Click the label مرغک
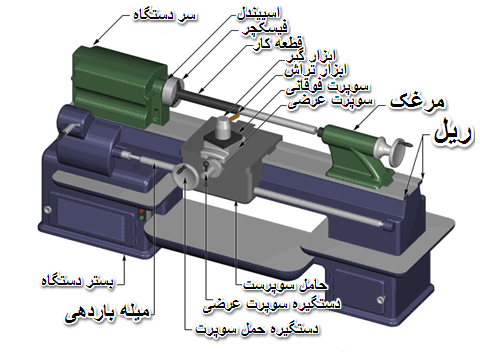tap(418, 102)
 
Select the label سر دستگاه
tap(165, 15)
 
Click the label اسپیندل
tap(259, 13)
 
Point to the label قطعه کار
tap(278, 44)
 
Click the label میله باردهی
tap(107, 313)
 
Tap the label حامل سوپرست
tap(285, 285)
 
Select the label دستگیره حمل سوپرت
tap(257, 329)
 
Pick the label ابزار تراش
tap(315, 71)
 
